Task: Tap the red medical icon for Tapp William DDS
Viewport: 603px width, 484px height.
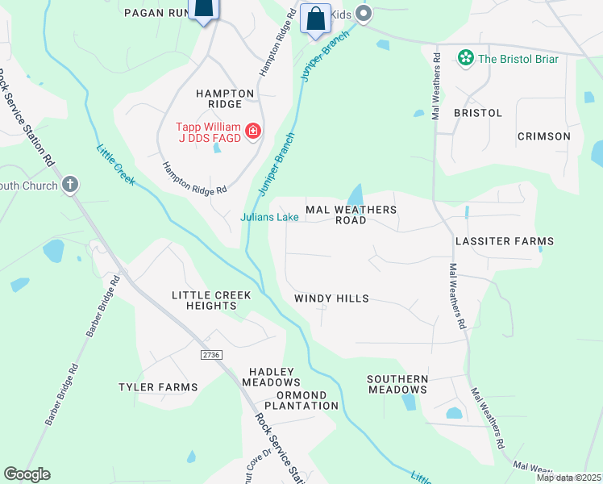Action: click(x=252, y=130)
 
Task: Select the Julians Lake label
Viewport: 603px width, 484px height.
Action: click(x=269, y=217)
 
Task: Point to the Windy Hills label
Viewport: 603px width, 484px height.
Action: click(x=331, y=298)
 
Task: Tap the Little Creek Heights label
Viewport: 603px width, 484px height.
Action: click(x=211, y=300)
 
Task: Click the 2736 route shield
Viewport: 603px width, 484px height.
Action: click(x=211, y=354)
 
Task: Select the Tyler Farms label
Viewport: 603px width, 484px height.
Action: click(x=158, y=387)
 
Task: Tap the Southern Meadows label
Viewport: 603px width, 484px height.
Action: click(x=397, y=384)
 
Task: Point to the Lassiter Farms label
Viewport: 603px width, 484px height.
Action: click(x=505, y=241)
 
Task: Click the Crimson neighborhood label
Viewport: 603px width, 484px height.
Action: click(x=543, y=136)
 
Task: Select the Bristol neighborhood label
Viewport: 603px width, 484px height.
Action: click(x=478, y=113)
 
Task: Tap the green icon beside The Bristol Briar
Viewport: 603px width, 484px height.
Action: click(x=464, y=57)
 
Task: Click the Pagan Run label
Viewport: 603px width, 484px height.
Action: click(x=156, y=12)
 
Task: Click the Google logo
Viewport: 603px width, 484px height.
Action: click(x=27, y=474)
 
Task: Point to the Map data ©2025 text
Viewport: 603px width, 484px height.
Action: click(x=568, y=478)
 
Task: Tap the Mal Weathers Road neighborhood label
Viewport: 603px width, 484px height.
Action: click(x=351, y=215)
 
